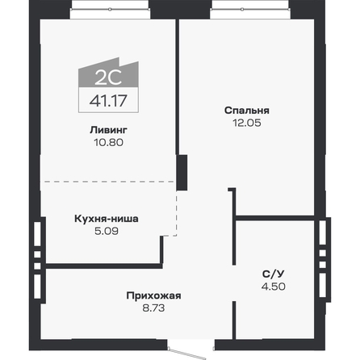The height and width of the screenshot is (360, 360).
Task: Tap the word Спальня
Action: click(x=248, y=111)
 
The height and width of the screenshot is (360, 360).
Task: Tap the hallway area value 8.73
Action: click(x=153, y=308)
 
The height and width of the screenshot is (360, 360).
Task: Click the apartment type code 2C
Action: click(x=95, y=78)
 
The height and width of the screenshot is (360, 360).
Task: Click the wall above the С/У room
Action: click(x=274, y=216)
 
